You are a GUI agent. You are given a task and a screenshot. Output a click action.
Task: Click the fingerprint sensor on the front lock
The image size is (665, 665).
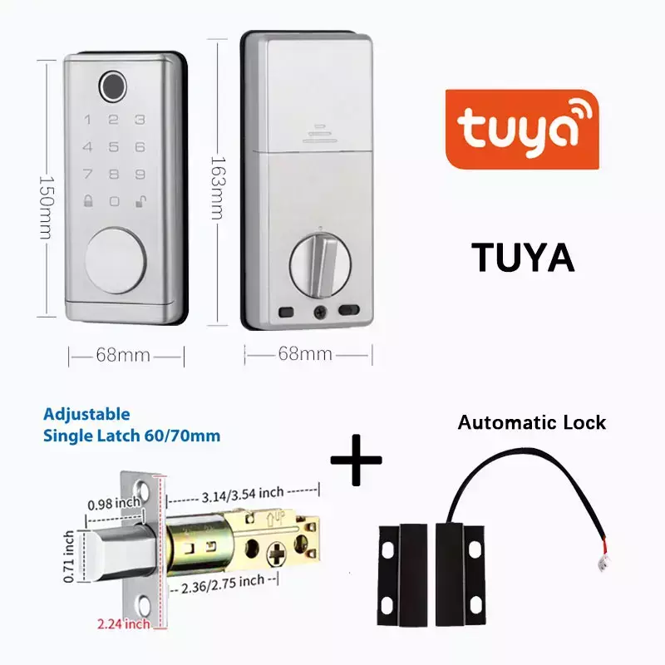(113, 86)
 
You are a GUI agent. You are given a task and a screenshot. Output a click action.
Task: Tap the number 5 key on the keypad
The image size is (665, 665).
(113, 147)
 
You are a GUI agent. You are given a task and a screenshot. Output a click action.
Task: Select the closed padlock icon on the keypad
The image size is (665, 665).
(88, 200)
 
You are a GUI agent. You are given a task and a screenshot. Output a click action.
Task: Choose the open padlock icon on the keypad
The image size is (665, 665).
(140, 201)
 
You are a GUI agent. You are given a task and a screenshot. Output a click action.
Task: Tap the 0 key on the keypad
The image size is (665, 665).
(114, 201)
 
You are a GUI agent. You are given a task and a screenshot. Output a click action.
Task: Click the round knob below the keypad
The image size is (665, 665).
(116, 260)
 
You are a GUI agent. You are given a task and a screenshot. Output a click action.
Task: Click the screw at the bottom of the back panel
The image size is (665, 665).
(320, 313)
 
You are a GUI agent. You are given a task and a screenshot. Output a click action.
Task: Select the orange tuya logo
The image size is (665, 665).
(522, 130)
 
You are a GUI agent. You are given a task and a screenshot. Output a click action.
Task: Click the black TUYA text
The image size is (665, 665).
(523, 258)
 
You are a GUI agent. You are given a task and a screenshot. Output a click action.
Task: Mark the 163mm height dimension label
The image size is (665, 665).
(218, 188)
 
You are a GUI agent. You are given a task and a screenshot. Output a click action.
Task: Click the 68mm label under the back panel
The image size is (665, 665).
(305, 354)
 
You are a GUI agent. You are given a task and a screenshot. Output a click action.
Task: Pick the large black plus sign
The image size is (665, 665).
(356, 460)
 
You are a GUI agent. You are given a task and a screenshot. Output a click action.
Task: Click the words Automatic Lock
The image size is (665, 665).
(532, 423)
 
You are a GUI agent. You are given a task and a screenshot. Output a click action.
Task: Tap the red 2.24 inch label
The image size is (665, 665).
(123, 624)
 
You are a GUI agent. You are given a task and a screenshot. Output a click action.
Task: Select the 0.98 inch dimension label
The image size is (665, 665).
(114, 504)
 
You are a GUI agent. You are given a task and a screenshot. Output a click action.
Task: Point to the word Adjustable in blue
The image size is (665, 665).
(86, 414)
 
